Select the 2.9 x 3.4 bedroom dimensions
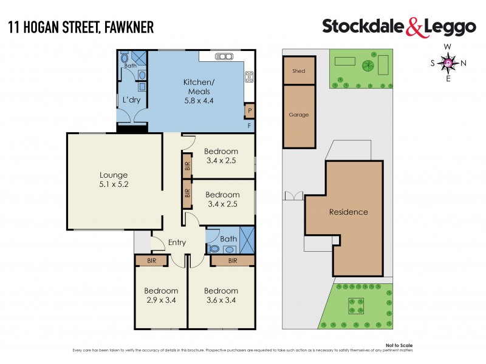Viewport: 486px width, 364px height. pos(161,300)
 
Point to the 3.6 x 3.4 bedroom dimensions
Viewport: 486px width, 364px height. pos(221,300)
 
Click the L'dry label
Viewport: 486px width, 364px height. pos(132,99)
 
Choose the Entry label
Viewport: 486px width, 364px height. pos(177,243)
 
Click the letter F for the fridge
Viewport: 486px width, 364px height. pos(249,126)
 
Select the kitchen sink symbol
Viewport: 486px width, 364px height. pos(224,57)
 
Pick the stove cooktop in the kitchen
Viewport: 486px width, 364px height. pos(248,77)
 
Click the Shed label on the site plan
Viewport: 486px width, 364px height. pos(298,71)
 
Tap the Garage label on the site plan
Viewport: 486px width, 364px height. pos(298,115)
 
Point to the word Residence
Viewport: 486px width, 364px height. pos(349,212)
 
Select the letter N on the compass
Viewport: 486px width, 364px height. pos(464,62)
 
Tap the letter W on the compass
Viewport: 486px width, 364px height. pos(448,47)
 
